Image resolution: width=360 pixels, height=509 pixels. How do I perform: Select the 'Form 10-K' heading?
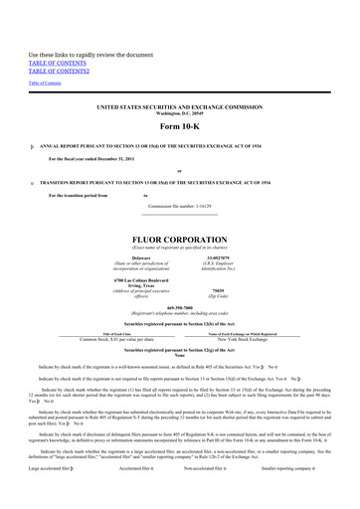point(180,127)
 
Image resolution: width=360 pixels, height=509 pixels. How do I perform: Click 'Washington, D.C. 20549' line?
point(180,110)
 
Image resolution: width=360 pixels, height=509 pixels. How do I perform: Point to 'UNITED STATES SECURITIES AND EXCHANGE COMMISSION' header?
point(180,104)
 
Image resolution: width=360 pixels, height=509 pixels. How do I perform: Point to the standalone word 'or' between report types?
point(180,170)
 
